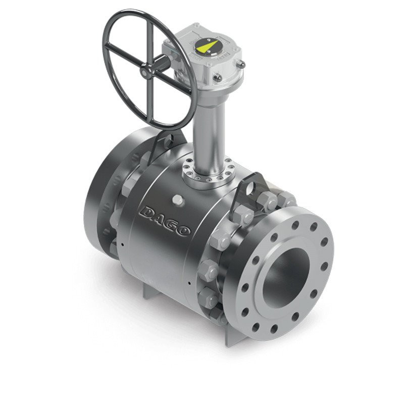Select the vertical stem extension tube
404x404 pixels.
[208, 129]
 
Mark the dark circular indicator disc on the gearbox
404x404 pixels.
[206, 48]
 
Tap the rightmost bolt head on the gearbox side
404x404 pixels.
[241, 65]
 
